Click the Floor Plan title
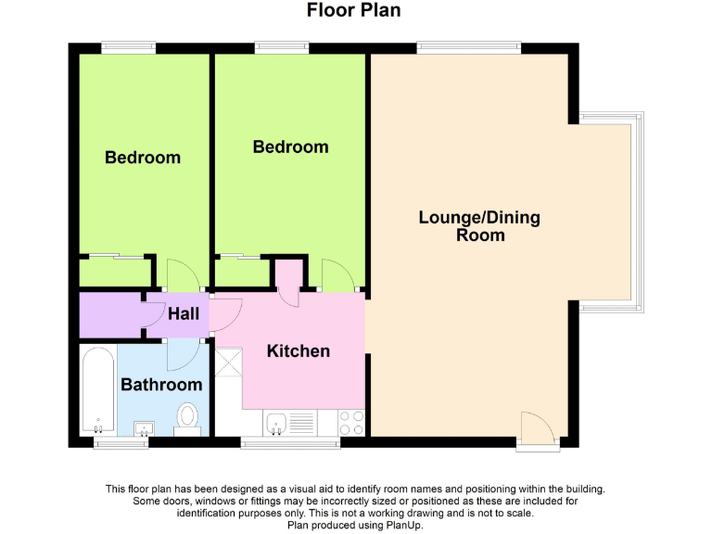click(x=354, y=11)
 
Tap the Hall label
click(x=184, y=314)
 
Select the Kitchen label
click(x=299, y=350)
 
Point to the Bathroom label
click(x=161, y=384)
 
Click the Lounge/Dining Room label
click(x=479, y=226)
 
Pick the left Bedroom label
click(x=143, y=158)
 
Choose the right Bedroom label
click(x=291, y=147)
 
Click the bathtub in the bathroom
click(x=96, y=389)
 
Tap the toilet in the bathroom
click(x=188, y=418)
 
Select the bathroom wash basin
click(x=144, y=427)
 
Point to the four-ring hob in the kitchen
click(x=351, y=423)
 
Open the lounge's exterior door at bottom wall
click(x=538, y=429)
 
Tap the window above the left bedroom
click(x=128, y=46)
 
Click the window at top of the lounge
click(x=468, y=46)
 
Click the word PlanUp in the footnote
click(x=402, y=525)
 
